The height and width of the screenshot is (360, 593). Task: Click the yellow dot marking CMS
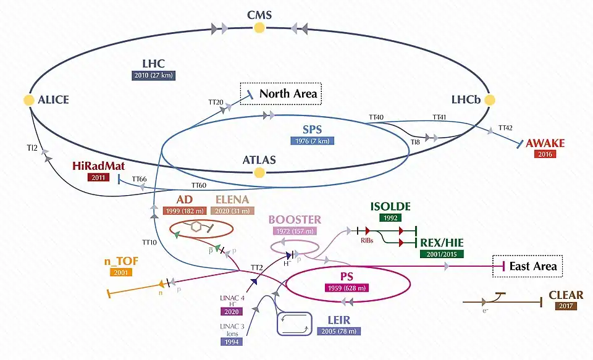pos(259,27)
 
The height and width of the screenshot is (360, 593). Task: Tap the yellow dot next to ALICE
pos(28,99)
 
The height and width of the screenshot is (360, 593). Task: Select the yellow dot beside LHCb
pos(490,99)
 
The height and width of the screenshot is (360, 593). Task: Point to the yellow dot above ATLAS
pos(259,148)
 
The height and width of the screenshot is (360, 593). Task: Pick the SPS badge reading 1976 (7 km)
pos(313,141)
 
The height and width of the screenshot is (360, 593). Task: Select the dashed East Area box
pos(528,267)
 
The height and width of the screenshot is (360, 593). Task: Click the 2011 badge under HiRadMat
pos(98,178)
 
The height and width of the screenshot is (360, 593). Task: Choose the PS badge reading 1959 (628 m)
pos(347,288)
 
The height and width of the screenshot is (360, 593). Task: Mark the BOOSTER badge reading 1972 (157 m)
pos(295,231)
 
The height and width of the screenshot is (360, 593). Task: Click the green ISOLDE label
pos(390,206)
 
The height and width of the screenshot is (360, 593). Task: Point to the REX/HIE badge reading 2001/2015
pos(442,254)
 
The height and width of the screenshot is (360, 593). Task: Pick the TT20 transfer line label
pos(215,102)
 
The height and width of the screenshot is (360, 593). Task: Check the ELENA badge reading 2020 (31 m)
pos(232,211)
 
